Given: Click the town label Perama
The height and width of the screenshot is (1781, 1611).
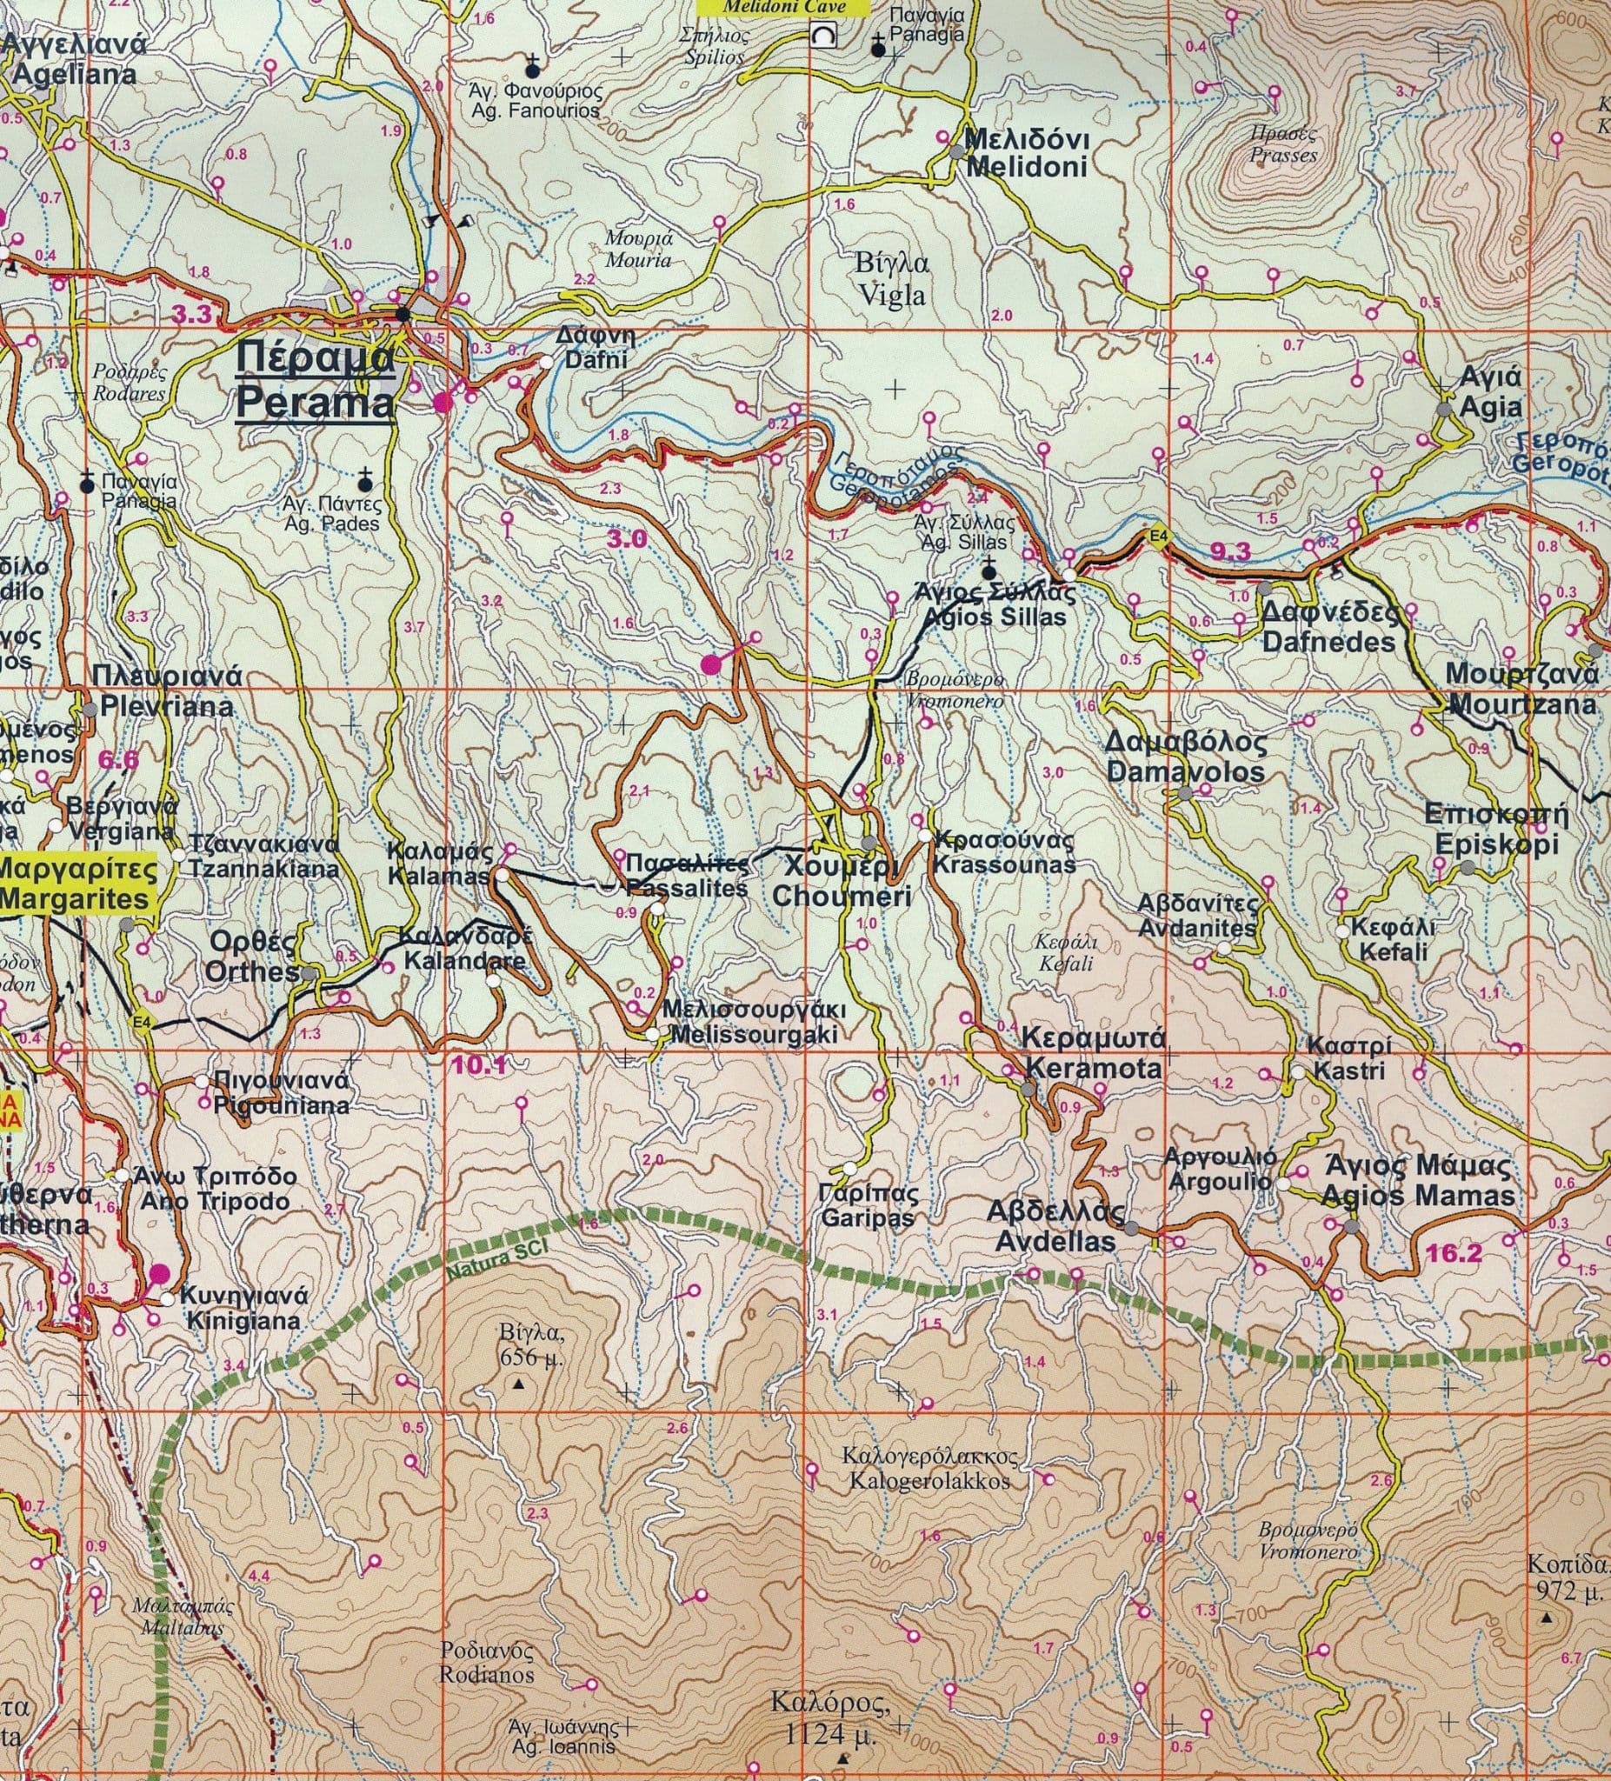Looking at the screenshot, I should coord(316,383).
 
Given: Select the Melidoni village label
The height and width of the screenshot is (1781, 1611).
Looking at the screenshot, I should coord(1027,154).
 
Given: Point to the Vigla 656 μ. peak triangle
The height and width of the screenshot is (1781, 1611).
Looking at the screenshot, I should coord(518,1384).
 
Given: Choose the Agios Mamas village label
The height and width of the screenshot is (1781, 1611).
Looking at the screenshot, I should coord(1418,1180).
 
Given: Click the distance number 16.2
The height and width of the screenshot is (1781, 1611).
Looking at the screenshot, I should coord(1448,1251).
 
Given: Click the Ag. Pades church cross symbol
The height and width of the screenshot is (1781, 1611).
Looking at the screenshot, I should coord(363,482).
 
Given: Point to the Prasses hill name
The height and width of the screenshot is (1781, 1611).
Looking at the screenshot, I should coord(1282,145).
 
